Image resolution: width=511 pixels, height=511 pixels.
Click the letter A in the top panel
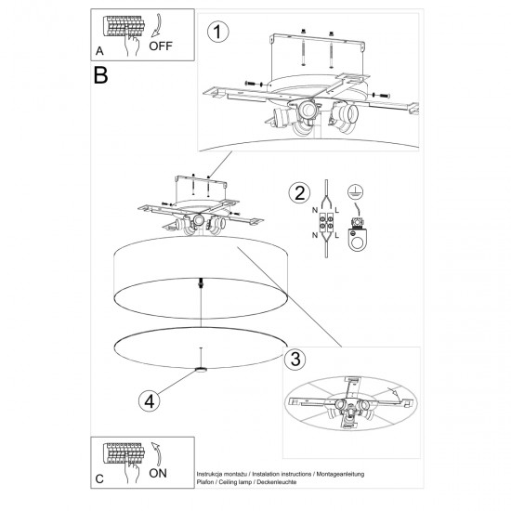tap(99, 53)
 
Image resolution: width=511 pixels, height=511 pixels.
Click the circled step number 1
tap(217, 33)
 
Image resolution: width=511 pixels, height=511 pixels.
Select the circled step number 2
tap(298, 193)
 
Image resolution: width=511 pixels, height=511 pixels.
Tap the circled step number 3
tap(292, 360)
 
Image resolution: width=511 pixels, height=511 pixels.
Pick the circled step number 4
tap(148, 401)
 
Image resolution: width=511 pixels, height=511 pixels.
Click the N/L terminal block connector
tap(327, 223)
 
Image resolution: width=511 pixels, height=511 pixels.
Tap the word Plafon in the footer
tap(207, 483)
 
